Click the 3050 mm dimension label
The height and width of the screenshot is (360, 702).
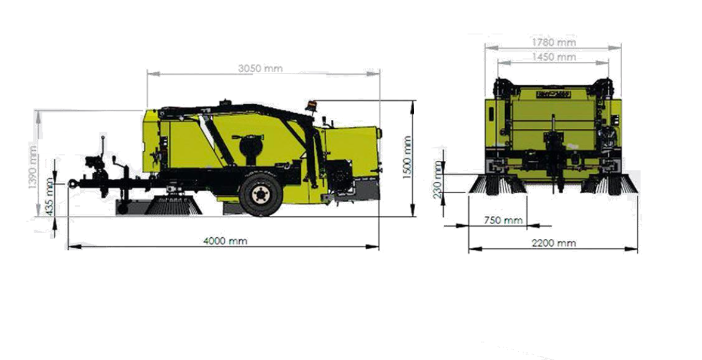coord(260,69)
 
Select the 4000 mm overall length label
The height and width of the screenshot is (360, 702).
coord(225,241)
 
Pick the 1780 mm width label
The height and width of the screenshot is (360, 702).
coord(552,43)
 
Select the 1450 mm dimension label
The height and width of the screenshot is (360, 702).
coord(553,57)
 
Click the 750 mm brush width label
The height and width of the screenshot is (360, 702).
coord(503,221)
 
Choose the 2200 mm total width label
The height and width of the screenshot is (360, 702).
coord(553,243)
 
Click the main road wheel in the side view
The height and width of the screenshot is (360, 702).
coord(260,194)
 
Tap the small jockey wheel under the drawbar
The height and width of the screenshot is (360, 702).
coord(122,209)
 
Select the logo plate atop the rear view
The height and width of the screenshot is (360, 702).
coord(552,93)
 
